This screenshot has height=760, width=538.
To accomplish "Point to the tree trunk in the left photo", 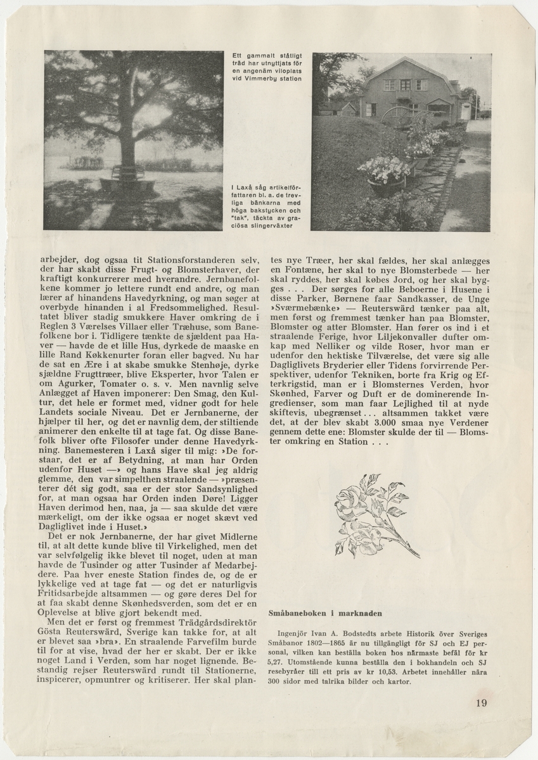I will pos(135,136).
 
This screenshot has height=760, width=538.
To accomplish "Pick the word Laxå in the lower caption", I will pos(248,188).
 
